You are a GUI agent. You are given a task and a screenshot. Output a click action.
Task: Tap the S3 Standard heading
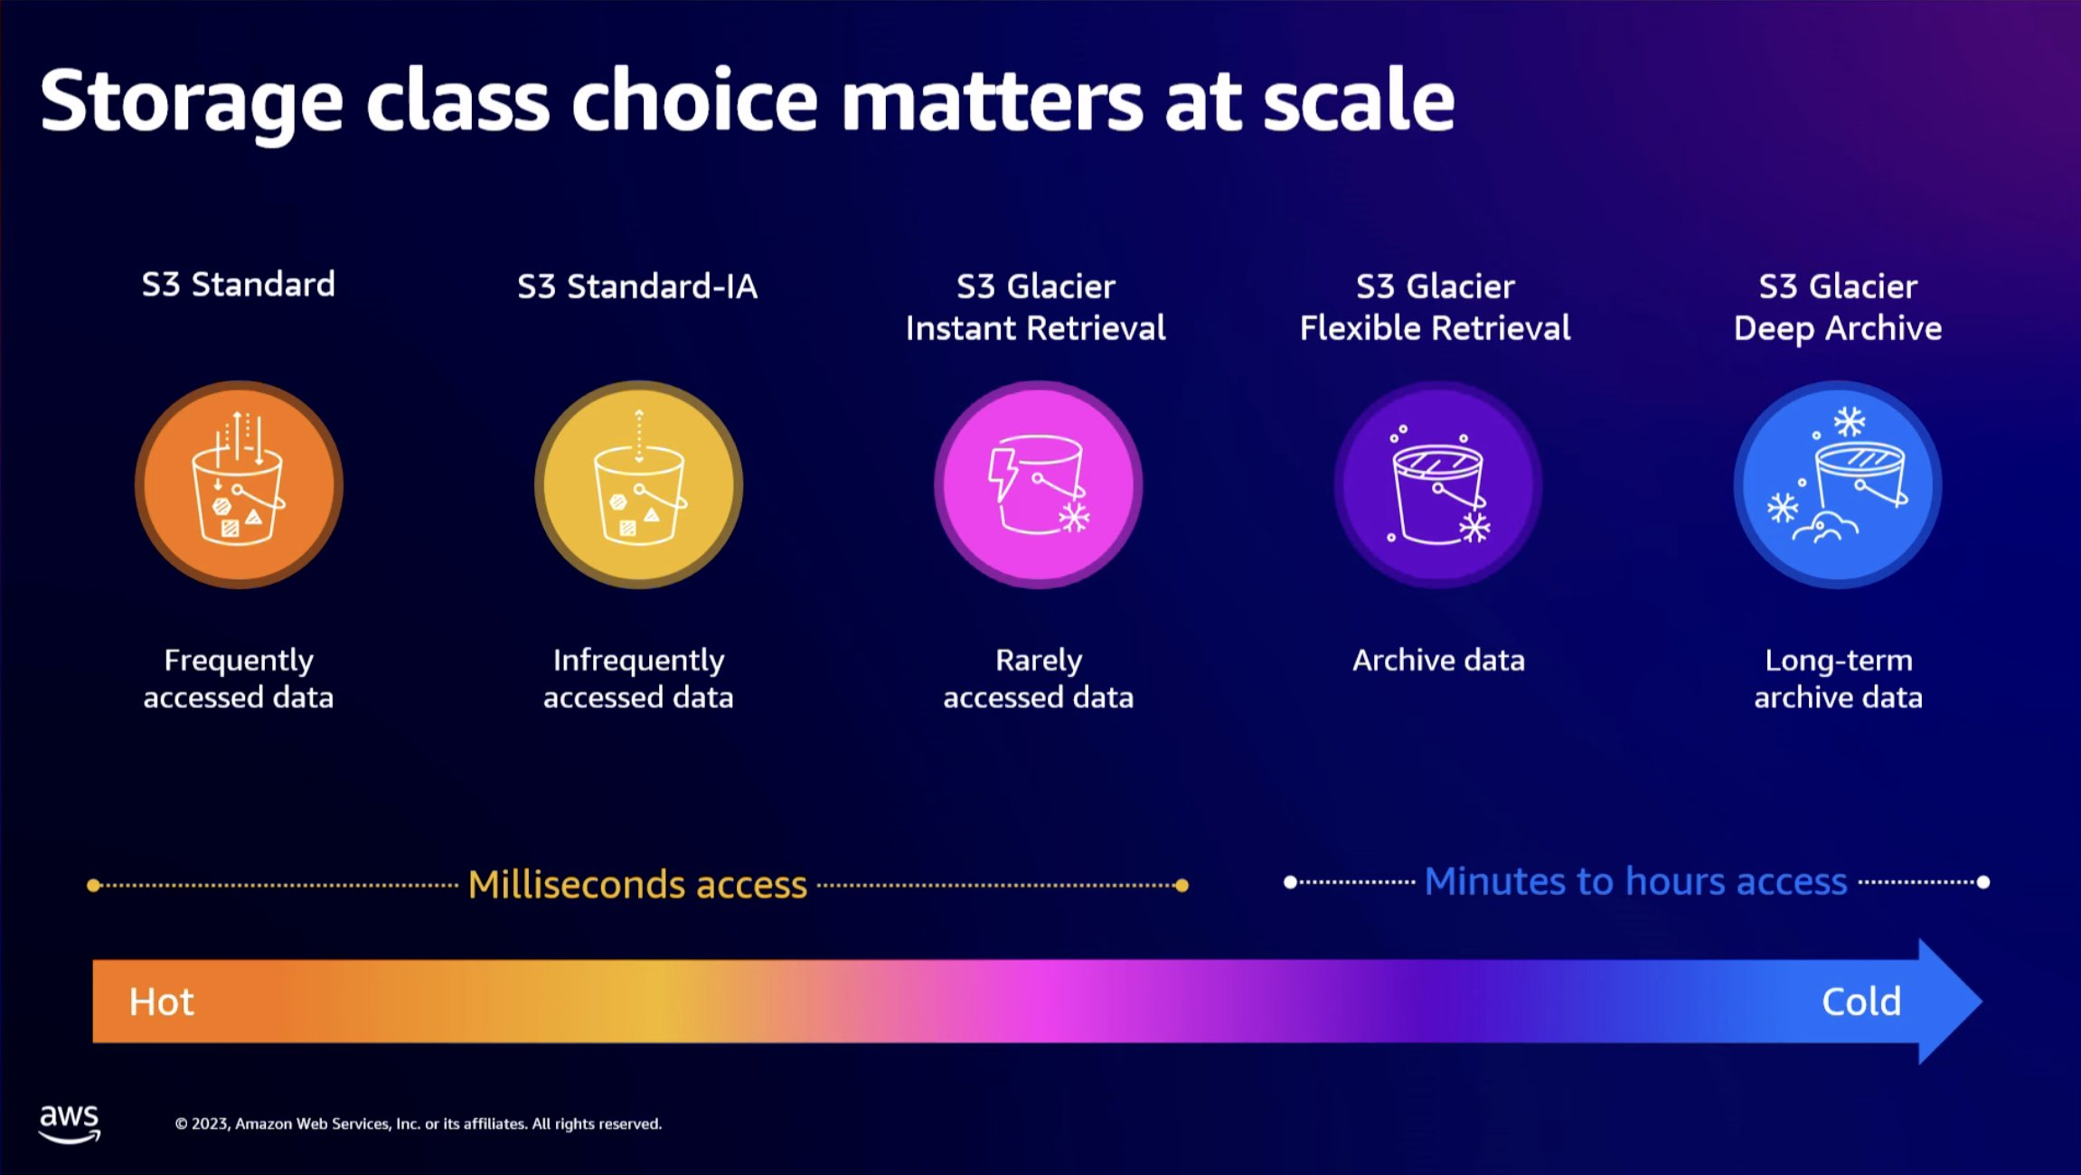pyautogui.click(x=239, y=285)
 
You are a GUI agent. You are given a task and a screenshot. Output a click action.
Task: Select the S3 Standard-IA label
pyautogui.click(x=637, y=287)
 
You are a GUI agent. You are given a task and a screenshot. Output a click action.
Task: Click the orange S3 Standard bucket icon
pyautogui.click(x=239, y=484)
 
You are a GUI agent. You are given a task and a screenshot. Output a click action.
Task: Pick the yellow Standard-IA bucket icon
pyautogui.click(x=638, y=484)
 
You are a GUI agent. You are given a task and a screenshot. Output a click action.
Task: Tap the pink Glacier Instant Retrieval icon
pyautogui.click(x=1038, y=484)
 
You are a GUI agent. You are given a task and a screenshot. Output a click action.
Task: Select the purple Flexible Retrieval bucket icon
pyautogui.click(x=1437, y=484)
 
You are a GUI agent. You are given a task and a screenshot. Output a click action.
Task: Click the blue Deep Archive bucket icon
pyautogui.click(x=1837, y=484)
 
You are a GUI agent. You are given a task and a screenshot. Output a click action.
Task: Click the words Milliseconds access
pyautogui.click(x=637, y=885)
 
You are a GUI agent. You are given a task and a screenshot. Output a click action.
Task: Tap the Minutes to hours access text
pyautogui.click(x=1635, y=881)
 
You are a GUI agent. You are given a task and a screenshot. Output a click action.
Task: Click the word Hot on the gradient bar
pyautogui.click(x=162, y=1001)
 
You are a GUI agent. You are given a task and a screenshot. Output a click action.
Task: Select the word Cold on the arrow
pyautogui.click(x=1861, y=1001)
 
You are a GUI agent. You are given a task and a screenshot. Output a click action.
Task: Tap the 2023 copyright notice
pyautogui.click(x=418, y=1123)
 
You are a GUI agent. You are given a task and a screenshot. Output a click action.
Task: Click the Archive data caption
pyautogui.click(x=1438, y=661)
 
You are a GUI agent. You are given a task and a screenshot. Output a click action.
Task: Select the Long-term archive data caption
pyautogui.click(x=1838, y=679)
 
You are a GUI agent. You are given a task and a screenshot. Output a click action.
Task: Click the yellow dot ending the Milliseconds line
pyautogui.click(x=1182, y=886)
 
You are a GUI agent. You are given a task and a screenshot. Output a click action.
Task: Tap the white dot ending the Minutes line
pyautogui.click(x=1983, y=882)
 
